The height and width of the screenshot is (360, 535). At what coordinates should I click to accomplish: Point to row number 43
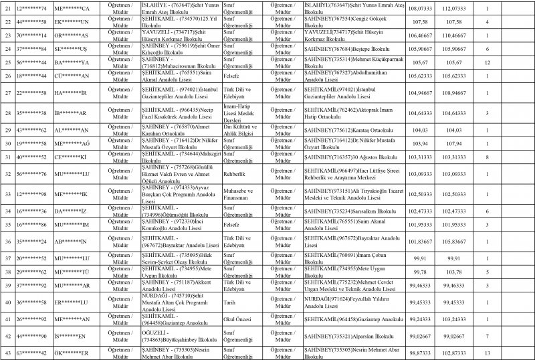click(x=8, y=351)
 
